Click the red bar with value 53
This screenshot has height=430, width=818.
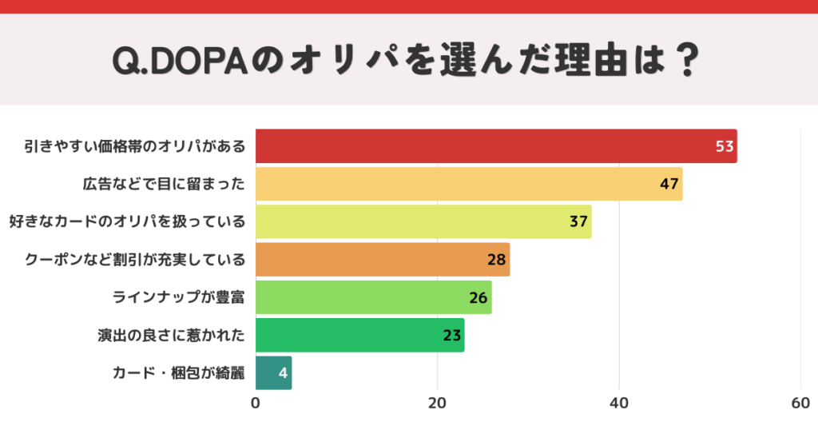(495, 146)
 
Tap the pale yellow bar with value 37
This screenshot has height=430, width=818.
(423, 221)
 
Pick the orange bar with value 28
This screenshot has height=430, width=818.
(382, 260)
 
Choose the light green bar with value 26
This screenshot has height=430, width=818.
(373, 297)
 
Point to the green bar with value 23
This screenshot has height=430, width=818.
(359, 335)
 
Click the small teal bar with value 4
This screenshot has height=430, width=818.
(273, 372)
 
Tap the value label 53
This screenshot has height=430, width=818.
(725, 146)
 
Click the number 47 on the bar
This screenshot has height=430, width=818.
(669, 184)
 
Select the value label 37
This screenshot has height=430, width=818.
(579, 221)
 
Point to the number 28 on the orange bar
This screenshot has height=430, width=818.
(497, 260)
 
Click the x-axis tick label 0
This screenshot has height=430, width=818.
(256, 404)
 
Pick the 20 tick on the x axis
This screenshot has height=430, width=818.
(437, 404)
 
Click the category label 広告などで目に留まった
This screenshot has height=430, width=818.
(164, 184)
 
